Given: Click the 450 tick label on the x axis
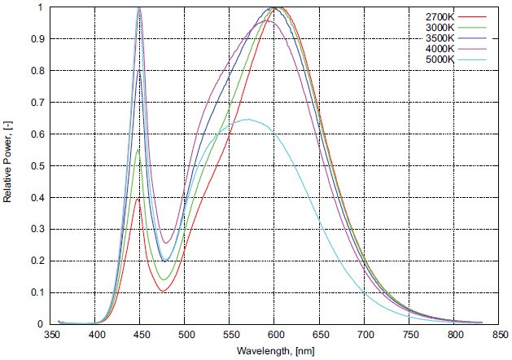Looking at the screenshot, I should [141, 335].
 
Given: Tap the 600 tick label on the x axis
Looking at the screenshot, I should [275, 335].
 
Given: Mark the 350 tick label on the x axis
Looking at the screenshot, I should [52, 335].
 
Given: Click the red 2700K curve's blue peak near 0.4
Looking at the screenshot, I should [139, 198].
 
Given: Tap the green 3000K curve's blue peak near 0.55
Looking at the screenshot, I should [139, 150].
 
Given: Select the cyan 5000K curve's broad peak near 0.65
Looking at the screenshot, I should [246, 120].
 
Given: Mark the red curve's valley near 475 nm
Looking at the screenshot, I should [164, 291].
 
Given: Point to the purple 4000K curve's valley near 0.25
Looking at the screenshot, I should [165, 243].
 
